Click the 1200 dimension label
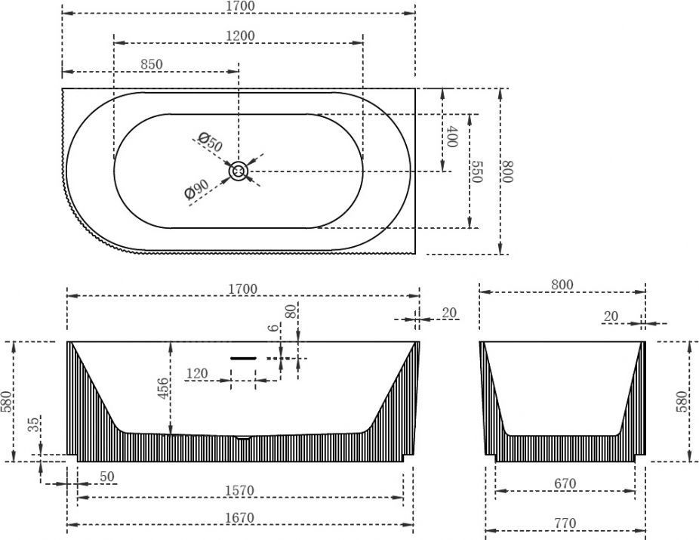click(x=240, y=35)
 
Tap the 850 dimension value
click(x=152, y=64)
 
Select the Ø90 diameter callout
click(x=196, y=189)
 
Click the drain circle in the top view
click(x=239, y=171)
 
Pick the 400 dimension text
click(x=452, y=137)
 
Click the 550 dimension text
click(x=476, y=171)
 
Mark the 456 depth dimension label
click(x=164, y=388)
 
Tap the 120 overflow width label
click(x=196, y=373)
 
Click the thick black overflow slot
click(x=243, y=358)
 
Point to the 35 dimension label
click(x=34, y=424)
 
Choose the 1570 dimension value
click(x=239, y=490)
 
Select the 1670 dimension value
click(x=239, y=517)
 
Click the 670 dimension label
click(x=565, y=483)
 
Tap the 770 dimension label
click(x=565, y=523)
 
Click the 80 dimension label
click(x=291, y=311)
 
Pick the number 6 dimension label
click(x=273, y=327)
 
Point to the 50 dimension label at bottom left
click(x=107, y=477)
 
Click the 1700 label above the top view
click(x=240, y=6)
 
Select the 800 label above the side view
click(x=562, y=285)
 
